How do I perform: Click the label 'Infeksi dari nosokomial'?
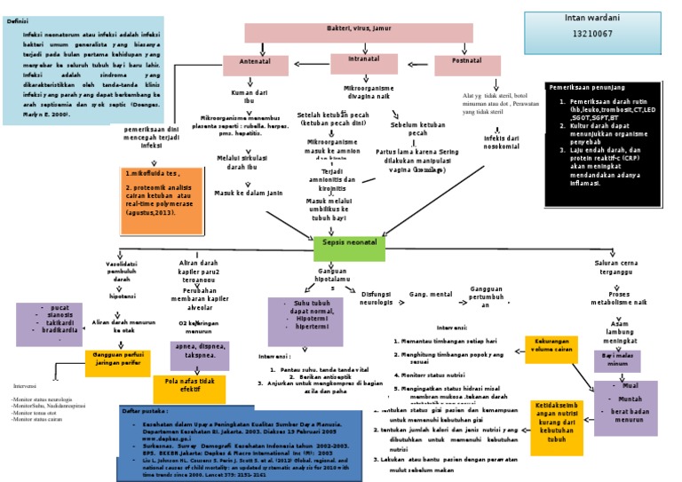point(500,143)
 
